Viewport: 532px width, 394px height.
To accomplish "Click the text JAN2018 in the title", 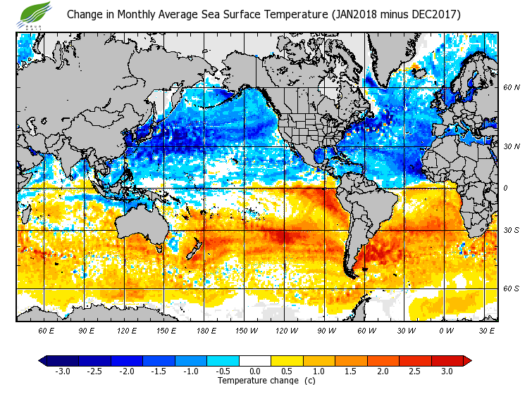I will point(359,14).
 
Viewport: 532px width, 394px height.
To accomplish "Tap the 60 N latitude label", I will point(511,88).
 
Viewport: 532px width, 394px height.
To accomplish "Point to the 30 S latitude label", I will point(511,231).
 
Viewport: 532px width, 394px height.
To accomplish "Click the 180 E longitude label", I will point(206,330).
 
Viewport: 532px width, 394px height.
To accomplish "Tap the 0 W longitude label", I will point(446,330).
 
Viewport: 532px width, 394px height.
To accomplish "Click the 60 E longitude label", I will point(47,330).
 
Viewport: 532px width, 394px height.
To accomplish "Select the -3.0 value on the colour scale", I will point(62,371).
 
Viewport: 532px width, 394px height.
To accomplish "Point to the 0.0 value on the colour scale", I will point(256,371).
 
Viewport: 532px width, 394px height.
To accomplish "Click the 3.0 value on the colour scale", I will point(447,371).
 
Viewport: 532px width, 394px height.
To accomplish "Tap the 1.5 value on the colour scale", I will point(352,371).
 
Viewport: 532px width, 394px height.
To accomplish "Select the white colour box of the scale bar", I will point(256,361).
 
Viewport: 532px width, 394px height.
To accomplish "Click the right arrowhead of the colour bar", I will point(466,361).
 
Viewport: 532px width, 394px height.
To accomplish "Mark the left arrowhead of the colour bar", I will point(44,361).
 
